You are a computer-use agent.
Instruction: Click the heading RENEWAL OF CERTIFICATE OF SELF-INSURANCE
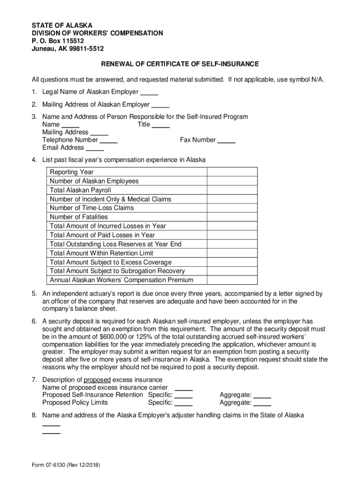[x=180, y=64]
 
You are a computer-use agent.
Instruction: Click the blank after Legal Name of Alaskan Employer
[x=149, y=92]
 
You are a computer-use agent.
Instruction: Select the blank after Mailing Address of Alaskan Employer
[x=160, y=105]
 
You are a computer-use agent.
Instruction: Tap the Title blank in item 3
[x=161, y=125]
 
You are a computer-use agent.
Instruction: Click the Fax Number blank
[x=227, y=140]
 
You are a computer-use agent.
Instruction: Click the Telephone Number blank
[x=109, y=140]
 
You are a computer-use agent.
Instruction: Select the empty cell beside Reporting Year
[x=232, y=172]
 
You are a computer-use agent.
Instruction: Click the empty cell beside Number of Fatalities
[x=232, y=217]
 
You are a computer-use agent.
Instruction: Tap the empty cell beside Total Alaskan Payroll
[x=232, y=190]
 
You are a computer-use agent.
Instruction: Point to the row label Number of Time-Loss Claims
[x=92, y=208]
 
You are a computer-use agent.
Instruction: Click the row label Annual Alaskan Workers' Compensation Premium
[x=122, y=280]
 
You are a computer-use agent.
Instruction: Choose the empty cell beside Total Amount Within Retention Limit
[x=232, y=253]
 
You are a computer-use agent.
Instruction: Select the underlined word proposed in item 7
[x=97, y=380]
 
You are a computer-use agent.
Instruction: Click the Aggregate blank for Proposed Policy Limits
[x=262, y=403]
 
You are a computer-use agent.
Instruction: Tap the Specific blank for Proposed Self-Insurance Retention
[x=184, y=395]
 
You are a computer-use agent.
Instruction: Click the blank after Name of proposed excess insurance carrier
[x=184, y=388]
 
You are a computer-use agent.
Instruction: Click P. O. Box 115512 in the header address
[x=58, y=41]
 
